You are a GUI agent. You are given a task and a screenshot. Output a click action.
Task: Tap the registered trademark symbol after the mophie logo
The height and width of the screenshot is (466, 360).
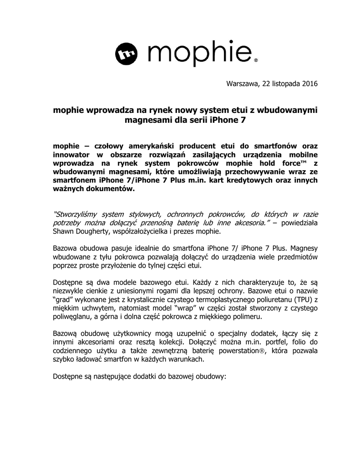[x=256, y=60]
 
